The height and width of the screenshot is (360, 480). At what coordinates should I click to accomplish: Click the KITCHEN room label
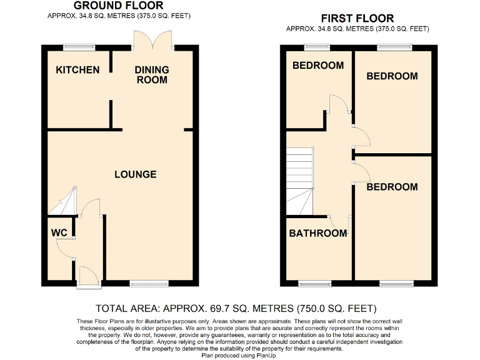pyautogui.click(x=77, y=69)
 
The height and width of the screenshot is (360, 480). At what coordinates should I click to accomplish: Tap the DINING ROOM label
pyautogui.click(x=152, y=74)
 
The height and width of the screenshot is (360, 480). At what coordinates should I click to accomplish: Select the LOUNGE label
pyautogui.click(x=135, y=174)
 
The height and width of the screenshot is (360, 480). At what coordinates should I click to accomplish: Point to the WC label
pyautogui.click(x=59, y=233)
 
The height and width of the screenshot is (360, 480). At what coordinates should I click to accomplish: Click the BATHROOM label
pyautogui.click(x=317, y=234)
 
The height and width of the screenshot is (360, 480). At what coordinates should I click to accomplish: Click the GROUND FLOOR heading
pyautogui.click(x=118, y=6)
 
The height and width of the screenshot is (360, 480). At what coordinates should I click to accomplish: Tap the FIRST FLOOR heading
pyautogui.click(x=357, y=18)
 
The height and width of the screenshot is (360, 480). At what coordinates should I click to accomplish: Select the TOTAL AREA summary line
pyautogui.click(x=236, y=308)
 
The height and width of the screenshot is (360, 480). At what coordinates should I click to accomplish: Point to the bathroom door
pyautogui.click(x=341, y=222)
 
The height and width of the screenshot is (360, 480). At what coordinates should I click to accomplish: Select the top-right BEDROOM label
pyautogui.click(x=392, y=76)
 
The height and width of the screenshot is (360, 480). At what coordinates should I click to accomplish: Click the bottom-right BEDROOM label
pyautogui.click(x=392, y=187)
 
